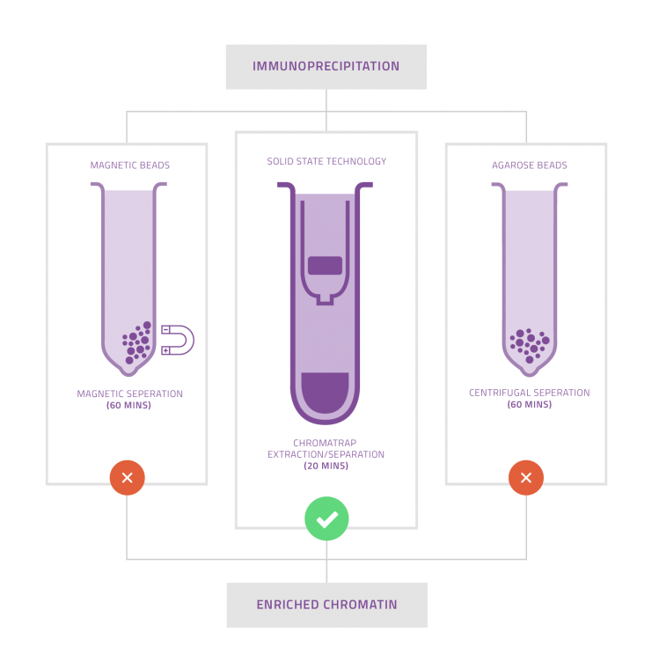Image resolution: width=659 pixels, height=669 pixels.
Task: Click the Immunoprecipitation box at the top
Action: (326, 67)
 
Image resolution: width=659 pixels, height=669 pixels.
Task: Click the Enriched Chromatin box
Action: (326, 605)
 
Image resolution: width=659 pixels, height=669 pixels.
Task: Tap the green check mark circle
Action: (326, 518)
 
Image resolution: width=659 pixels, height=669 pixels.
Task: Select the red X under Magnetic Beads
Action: (127, 478)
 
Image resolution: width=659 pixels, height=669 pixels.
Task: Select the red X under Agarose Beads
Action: (526, 478)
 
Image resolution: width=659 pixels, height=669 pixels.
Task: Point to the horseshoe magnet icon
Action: (178, 340)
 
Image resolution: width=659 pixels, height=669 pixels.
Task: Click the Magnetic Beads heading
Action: (130, 165)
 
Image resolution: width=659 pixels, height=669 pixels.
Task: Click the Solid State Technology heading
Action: (326, 162)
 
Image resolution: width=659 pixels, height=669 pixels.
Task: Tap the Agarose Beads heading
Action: (529, 165)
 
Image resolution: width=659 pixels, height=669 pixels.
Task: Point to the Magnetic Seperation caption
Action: (130, 394)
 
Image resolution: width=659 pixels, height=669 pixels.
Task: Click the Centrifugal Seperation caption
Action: (529, 393)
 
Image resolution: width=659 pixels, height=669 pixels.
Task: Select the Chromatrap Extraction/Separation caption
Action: (326, 449)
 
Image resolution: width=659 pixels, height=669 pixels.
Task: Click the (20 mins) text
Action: (326, 466)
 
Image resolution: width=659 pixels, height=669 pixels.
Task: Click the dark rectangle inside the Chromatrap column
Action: (326, 265)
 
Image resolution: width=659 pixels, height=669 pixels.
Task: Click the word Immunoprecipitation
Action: (326, 67)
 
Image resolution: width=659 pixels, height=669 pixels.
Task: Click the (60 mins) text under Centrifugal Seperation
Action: (529, 405)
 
